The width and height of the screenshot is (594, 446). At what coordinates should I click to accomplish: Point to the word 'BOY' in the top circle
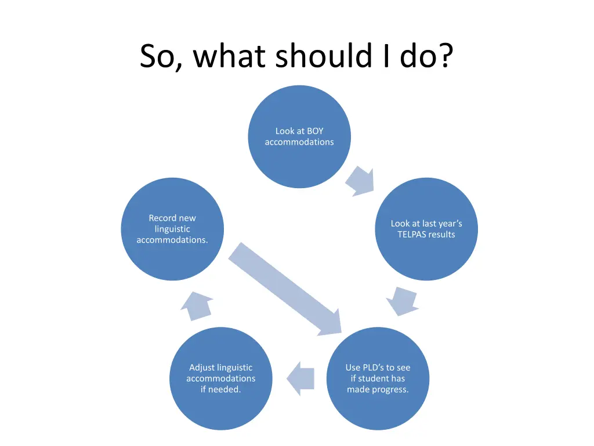tap(314, 131)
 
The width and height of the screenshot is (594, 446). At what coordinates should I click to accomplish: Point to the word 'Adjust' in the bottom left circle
tap(202, 368)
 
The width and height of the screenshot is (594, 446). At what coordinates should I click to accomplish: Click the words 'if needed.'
tap(221, 390)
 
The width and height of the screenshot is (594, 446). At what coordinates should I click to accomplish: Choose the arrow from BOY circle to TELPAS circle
tap(360, 181)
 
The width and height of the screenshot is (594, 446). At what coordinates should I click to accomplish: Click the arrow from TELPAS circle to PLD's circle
tap(402, 300)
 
